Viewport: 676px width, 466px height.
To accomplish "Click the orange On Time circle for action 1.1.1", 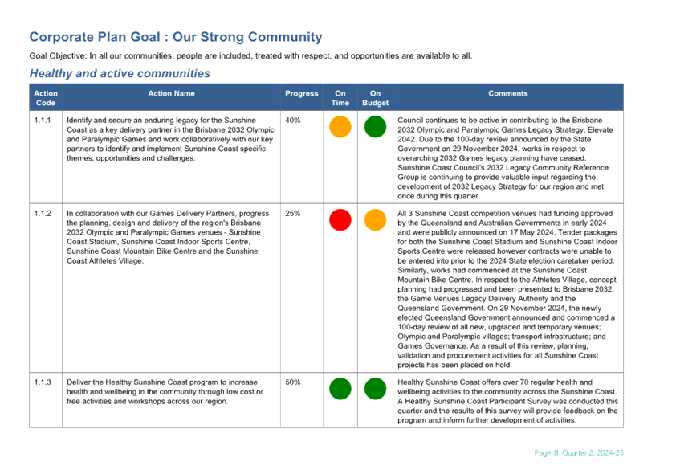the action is [x=340, y=127].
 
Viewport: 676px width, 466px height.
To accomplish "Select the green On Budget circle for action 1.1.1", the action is [x=375, y=127].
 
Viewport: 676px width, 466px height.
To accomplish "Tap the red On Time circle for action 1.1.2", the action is [x=340, y=220].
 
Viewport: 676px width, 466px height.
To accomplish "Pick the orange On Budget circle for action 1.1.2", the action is [x=375, y=220].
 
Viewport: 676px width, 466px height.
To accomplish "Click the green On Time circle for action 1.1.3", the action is [x=340, y=389].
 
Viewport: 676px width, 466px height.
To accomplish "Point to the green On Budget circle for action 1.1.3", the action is [x=375, y=389].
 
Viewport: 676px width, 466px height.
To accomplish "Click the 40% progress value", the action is [x=293, y=121].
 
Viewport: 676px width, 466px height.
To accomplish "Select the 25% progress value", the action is [x=293, y=214].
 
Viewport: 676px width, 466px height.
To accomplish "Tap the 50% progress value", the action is [x=293, y=382].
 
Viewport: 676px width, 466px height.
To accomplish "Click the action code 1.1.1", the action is [x=43, y=121].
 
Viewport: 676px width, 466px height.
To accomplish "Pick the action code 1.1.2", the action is [x=43, y=214].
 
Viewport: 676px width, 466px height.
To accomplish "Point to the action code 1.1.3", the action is [x=43, y=382].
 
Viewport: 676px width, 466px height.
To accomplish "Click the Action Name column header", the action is [x=171, y=94].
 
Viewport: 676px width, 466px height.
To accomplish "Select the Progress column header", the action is [x=301, y=94].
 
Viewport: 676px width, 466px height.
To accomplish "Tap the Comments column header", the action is [x=508, y=94].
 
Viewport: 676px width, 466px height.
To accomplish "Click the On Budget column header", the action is [x=375, y=98].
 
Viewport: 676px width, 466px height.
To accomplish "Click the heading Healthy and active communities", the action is [x=120, y=73].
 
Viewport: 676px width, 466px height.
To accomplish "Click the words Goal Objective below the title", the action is [x=57, y=56].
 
